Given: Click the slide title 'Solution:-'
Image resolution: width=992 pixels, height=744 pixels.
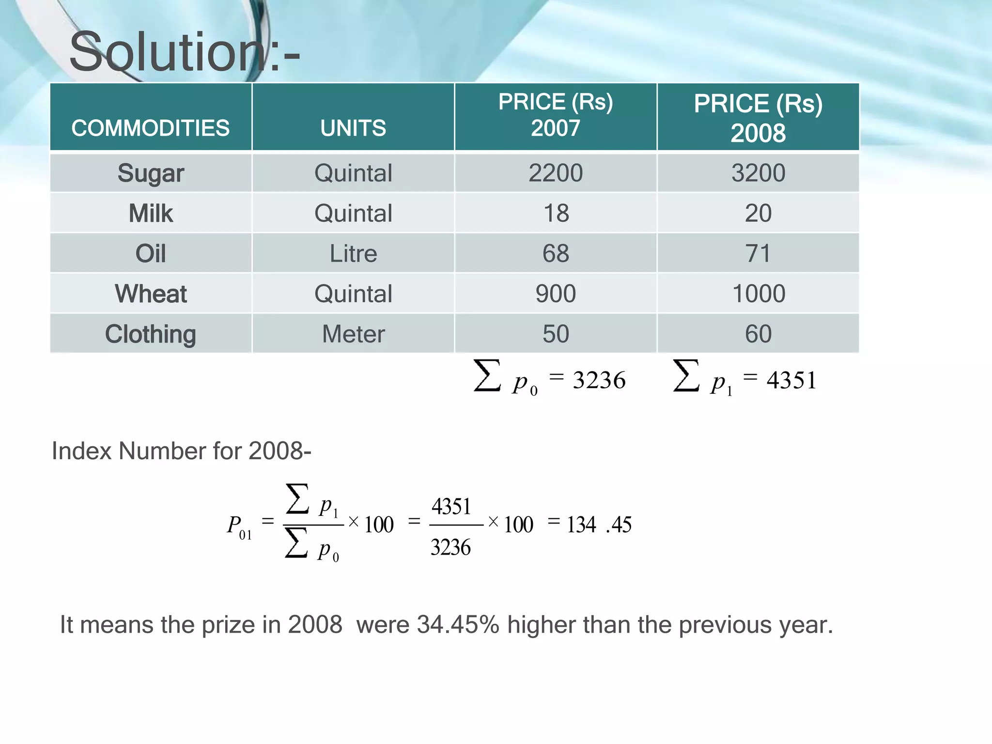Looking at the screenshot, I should (185, 51).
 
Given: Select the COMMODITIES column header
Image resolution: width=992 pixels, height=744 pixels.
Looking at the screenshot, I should (151, 128).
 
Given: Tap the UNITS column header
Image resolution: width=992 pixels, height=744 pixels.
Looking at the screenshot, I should (353, 128).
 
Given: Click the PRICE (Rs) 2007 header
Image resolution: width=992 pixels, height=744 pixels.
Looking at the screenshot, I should (556, 115).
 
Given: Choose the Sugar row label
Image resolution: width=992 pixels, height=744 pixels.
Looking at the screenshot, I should (151, 173).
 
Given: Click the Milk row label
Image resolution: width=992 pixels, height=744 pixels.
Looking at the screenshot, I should (151, 213).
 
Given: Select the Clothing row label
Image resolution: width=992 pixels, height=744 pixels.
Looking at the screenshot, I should (151, 334).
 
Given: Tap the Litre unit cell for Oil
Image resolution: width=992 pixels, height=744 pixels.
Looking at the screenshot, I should (353, 253).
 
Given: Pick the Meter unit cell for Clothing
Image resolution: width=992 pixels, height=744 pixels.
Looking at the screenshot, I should (353, 334).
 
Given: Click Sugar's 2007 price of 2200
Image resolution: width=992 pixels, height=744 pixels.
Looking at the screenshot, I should (556, 173).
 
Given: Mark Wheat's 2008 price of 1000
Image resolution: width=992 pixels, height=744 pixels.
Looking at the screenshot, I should (759, 294).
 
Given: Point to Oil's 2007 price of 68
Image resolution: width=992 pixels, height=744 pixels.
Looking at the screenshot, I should (556, 253).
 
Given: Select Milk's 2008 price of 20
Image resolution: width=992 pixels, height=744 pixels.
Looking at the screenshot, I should (758, 213).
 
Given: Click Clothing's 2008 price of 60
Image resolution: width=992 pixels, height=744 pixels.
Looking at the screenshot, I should (758, 334).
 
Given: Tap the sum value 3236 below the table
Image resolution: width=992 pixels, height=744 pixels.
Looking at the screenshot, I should (599, 380).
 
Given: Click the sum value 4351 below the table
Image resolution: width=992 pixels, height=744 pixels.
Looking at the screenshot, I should (791, 380).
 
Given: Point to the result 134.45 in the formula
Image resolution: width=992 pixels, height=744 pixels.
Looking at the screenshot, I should (599, 525).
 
